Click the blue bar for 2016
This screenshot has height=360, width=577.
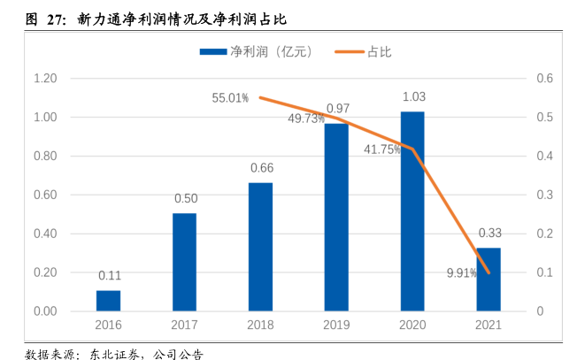coord(108,301)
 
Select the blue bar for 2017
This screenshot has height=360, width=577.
coord(184,263)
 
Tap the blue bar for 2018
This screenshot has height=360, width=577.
coord(260,247)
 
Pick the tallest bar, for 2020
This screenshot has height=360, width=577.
coord(412,211)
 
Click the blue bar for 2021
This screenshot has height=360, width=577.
coord(489,280)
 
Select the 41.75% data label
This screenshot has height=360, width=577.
coord(382,149)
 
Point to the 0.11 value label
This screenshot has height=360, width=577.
coord(110,275)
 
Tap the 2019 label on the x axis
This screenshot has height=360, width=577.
coord(336,325)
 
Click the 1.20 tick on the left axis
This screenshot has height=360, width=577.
coord(45,79)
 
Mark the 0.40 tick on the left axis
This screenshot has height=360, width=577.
coord(45,234)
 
